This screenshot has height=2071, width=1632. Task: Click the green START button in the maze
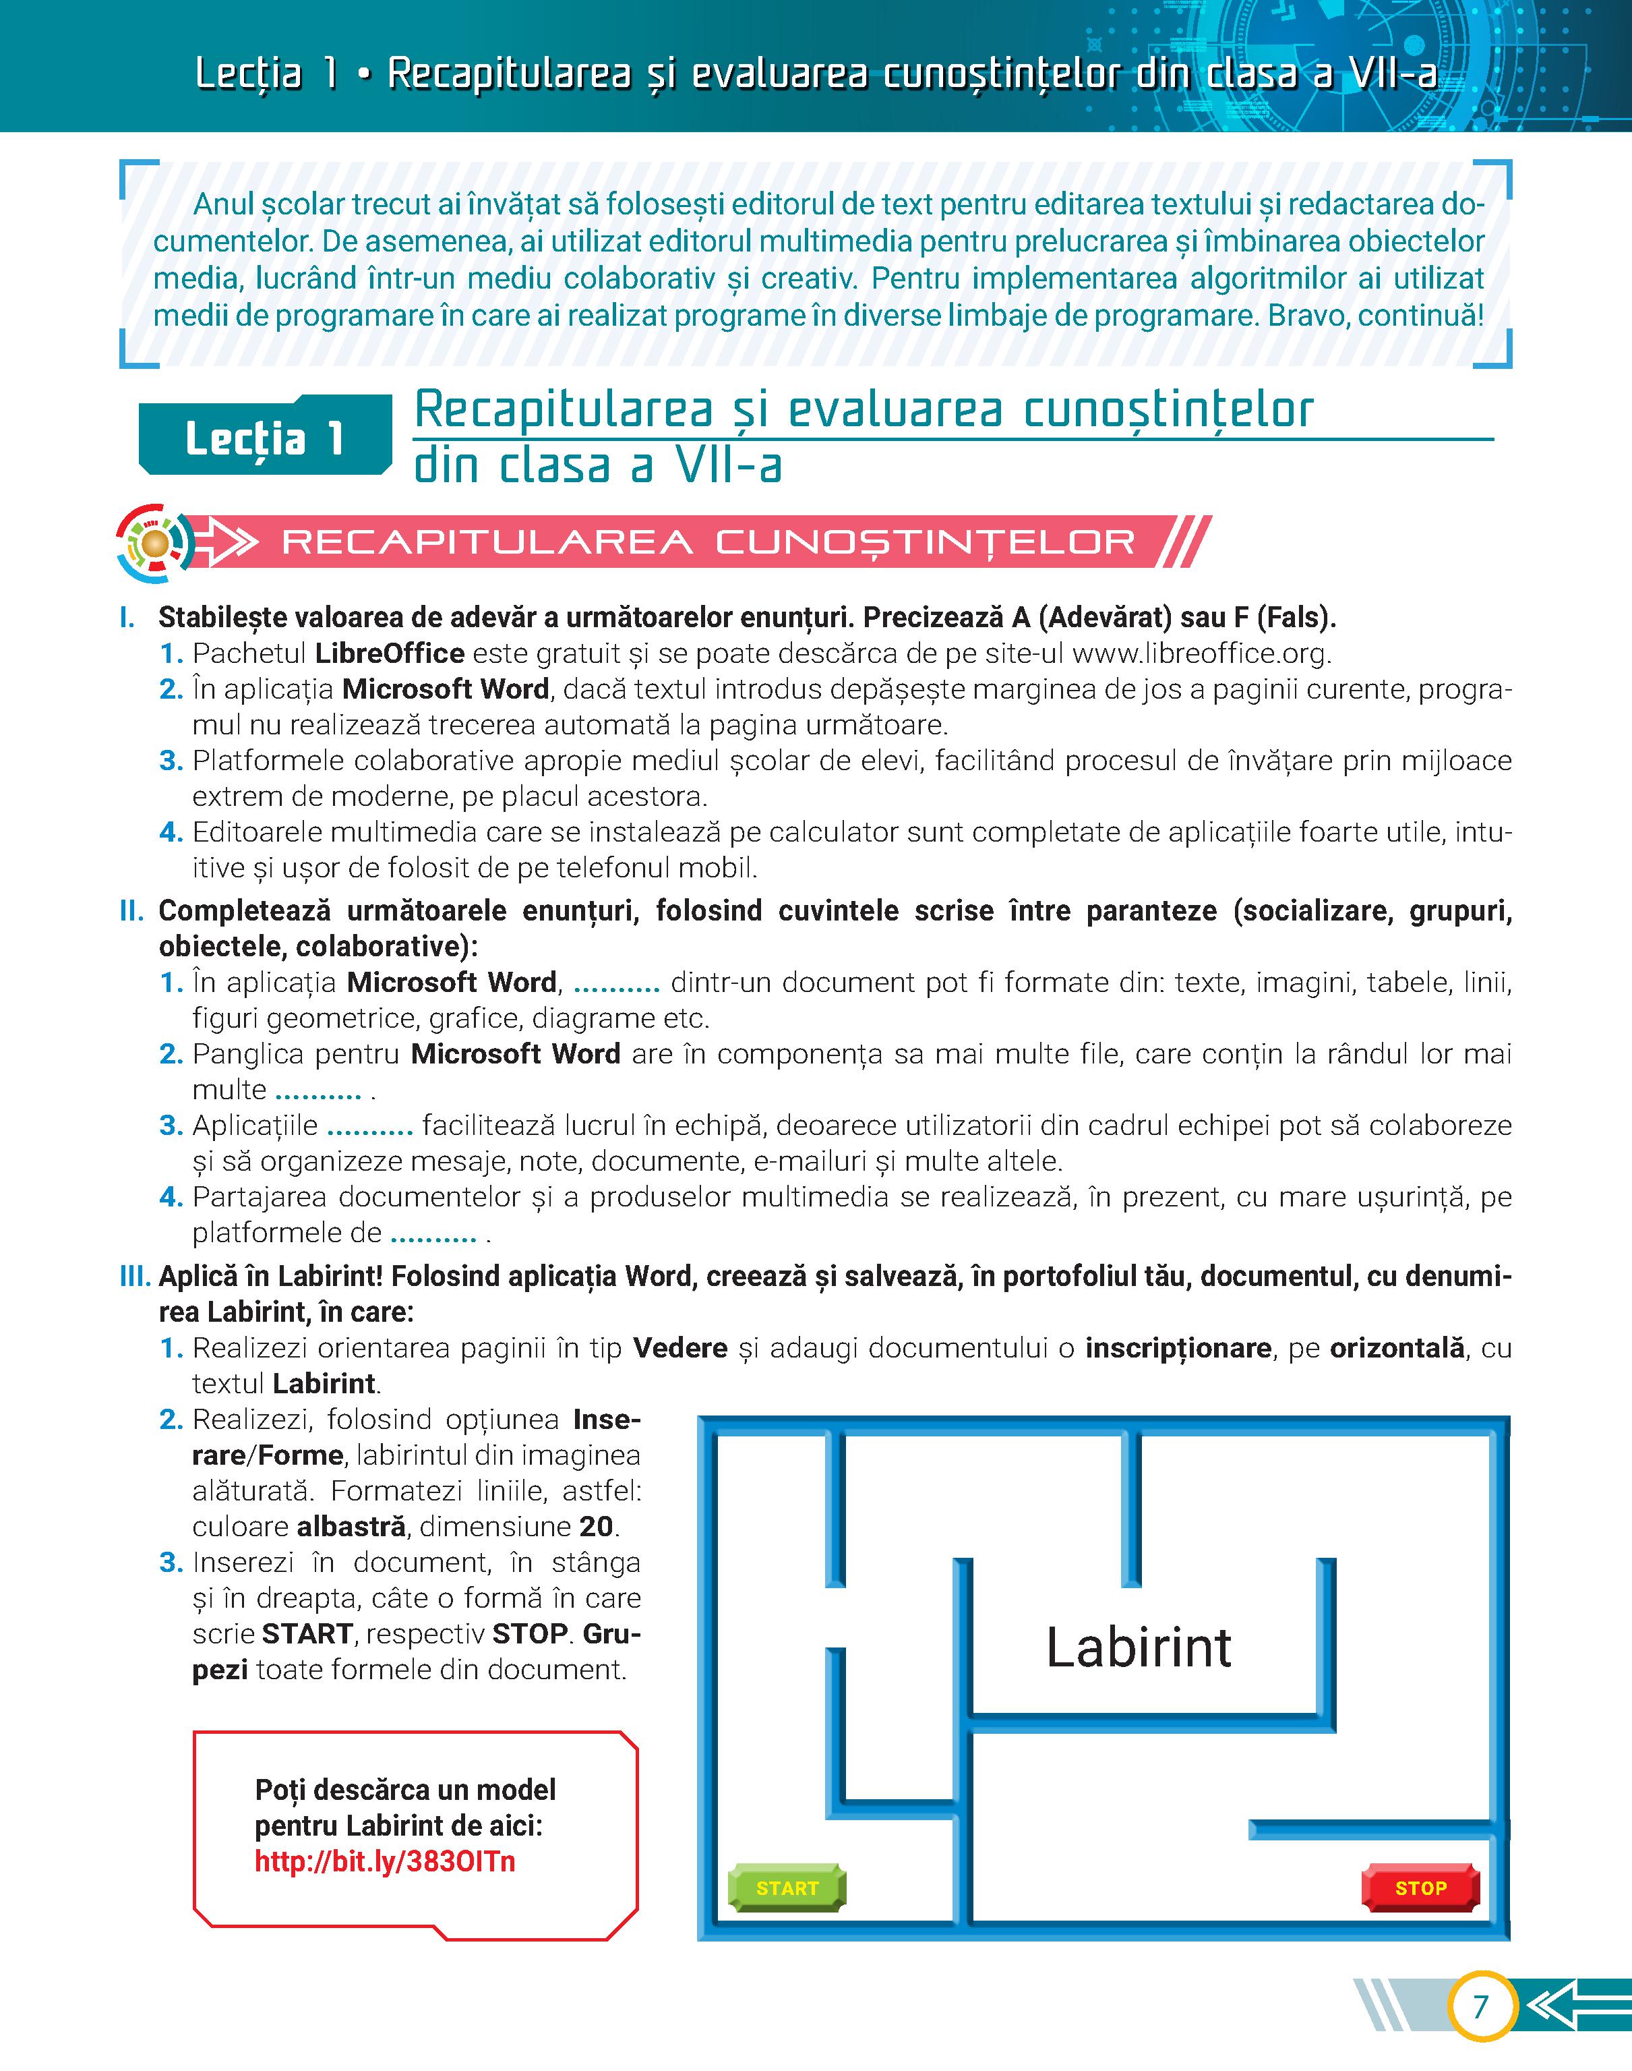[787, 1888]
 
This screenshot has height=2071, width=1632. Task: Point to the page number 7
[1480, 2006]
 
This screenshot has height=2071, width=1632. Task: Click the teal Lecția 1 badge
[265, 438]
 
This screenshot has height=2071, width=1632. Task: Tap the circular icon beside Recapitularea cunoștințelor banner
[155, 544]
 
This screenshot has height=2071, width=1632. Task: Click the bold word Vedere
[680, 1349]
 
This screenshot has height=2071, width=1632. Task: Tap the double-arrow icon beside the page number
[1572, 2006]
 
